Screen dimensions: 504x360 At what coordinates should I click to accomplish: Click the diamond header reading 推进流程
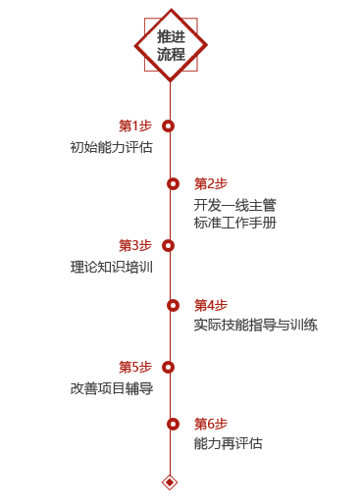170,45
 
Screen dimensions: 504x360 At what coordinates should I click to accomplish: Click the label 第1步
134,126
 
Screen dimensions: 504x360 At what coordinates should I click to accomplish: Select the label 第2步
210,183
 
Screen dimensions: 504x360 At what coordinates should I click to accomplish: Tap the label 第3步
134,245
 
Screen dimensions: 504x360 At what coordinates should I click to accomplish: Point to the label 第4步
210,305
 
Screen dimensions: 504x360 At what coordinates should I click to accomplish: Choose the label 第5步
134,367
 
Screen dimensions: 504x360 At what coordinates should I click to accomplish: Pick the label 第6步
210,424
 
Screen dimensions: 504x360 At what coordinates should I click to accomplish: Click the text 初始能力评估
111,147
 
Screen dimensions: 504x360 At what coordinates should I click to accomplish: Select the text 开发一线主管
234,205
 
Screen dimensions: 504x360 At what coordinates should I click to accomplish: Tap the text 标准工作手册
234,223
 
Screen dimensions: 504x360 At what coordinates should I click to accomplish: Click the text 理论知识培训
111,267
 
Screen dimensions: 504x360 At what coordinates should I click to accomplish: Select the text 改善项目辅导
111,387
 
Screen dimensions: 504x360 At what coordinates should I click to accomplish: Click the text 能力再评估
228,443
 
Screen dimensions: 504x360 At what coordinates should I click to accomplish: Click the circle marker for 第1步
169,126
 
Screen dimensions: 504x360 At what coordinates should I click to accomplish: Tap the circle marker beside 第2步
173,183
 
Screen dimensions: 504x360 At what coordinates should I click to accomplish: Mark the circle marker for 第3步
169,245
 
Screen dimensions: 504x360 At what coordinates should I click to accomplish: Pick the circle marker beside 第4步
173,305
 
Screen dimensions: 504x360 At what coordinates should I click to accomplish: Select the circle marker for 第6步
173,424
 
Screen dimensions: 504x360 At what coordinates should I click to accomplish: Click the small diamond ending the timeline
170,481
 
